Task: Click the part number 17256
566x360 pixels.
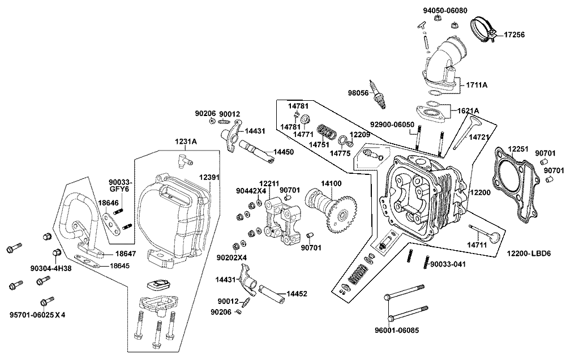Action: coord(514,35)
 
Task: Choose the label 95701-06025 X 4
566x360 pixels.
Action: coord(37,315)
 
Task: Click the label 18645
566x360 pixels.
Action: coord(121,265)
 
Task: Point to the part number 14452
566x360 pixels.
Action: coord(297,294)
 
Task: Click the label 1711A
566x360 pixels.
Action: coord(477,85)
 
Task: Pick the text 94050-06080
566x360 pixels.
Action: coord(445,11)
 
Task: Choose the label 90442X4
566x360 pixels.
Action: coord(251,191)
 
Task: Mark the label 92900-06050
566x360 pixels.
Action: coord(392,125)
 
